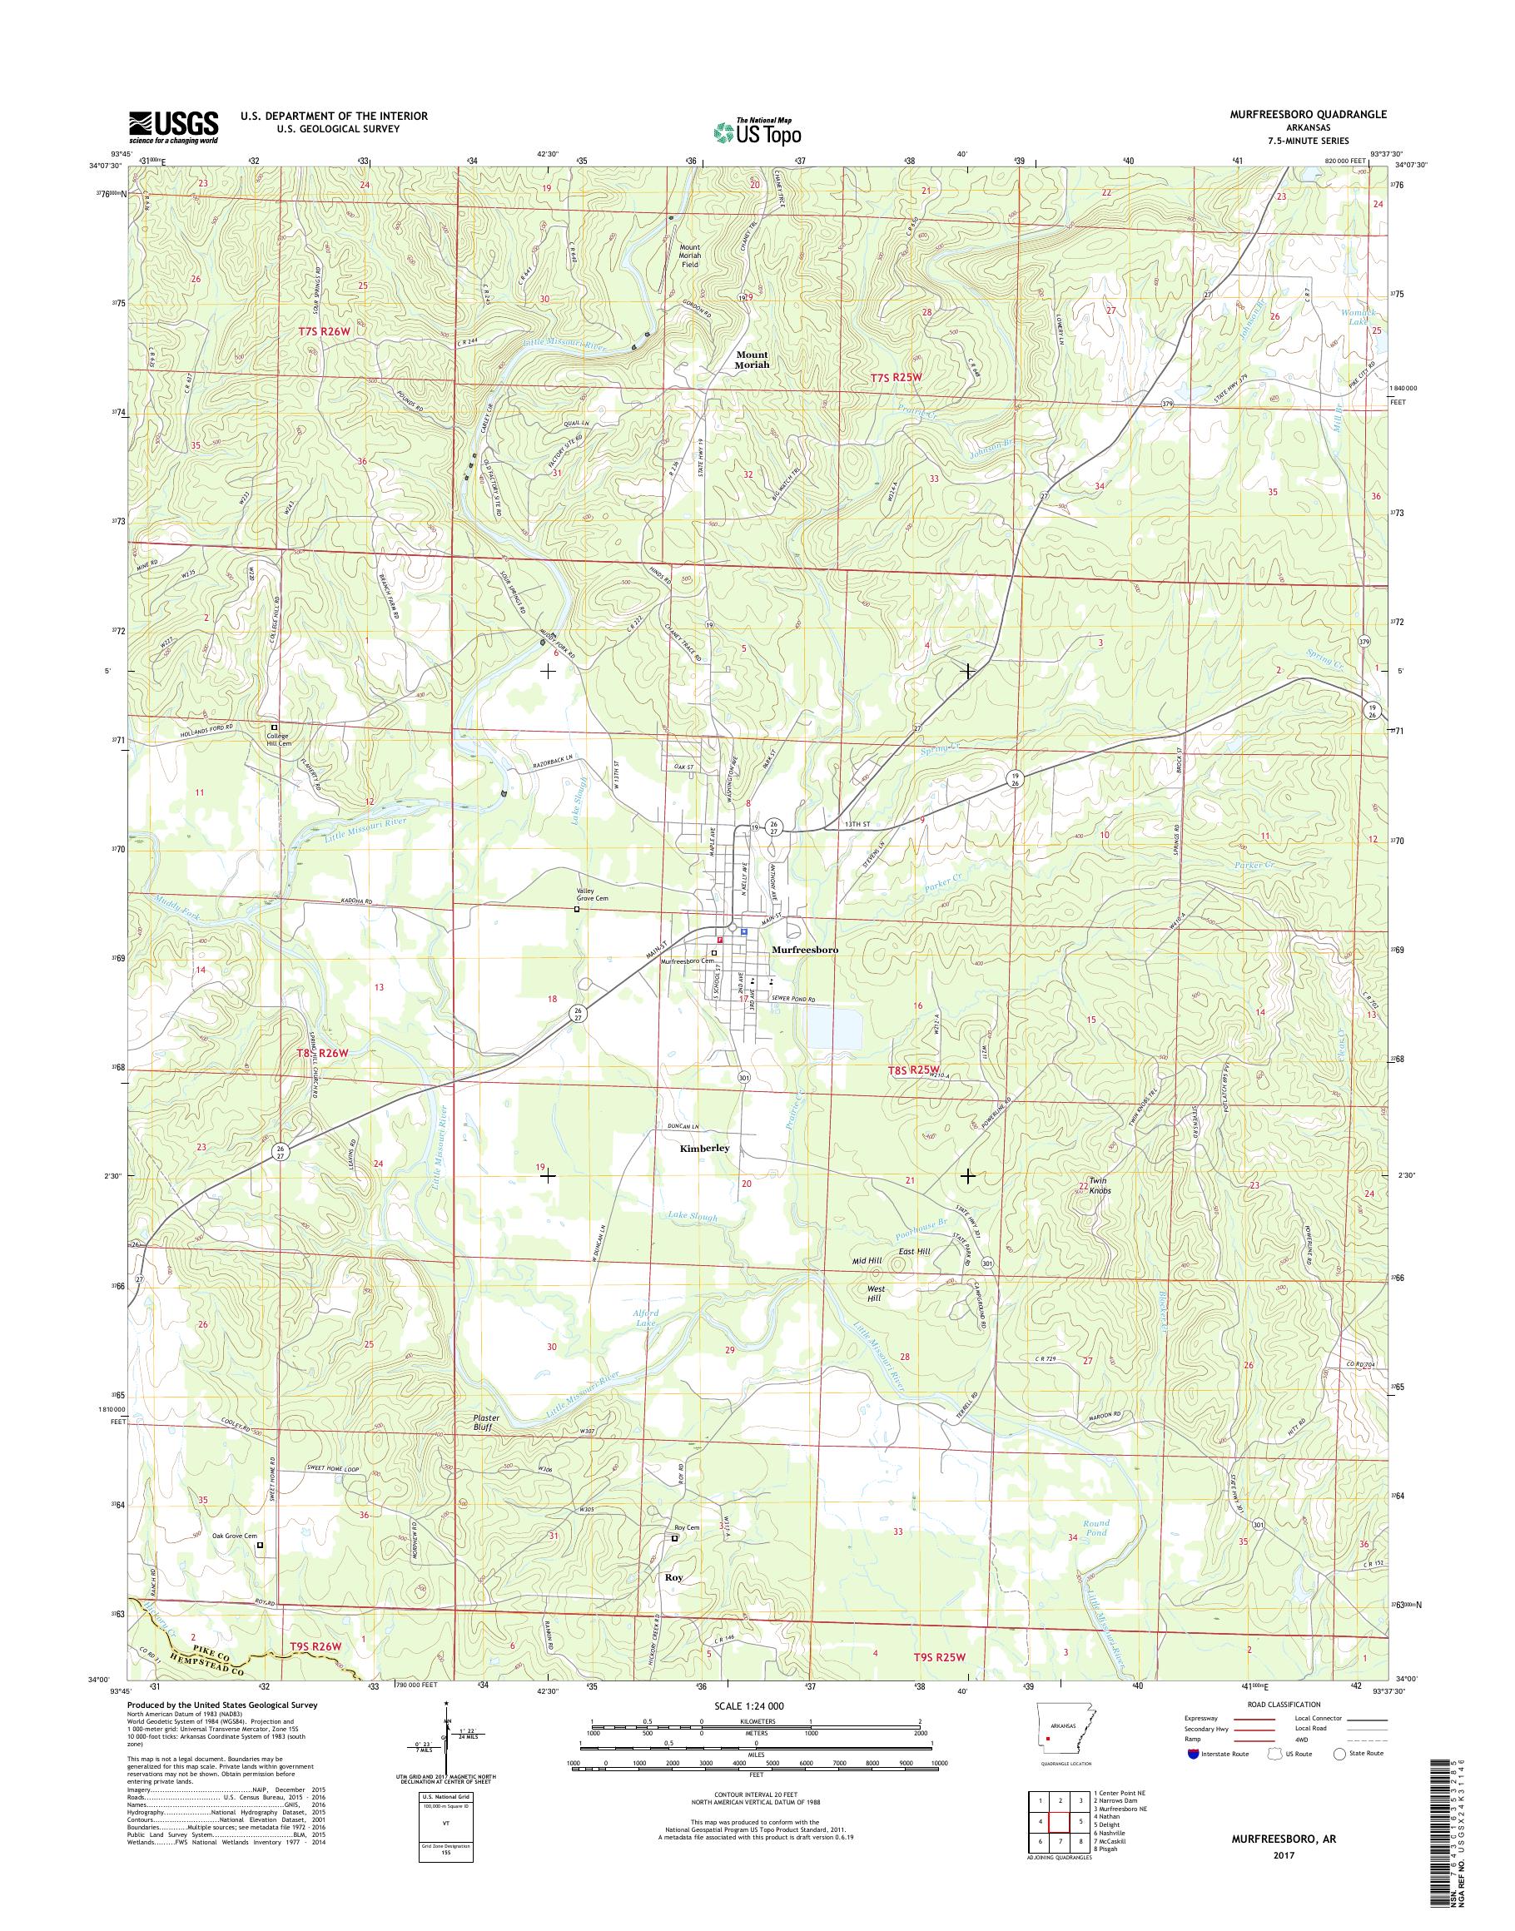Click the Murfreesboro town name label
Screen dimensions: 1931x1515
tap(806, 948)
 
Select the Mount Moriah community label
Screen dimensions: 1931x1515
tap(753, 359)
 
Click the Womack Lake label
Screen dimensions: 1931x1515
tap(1362, 316)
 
